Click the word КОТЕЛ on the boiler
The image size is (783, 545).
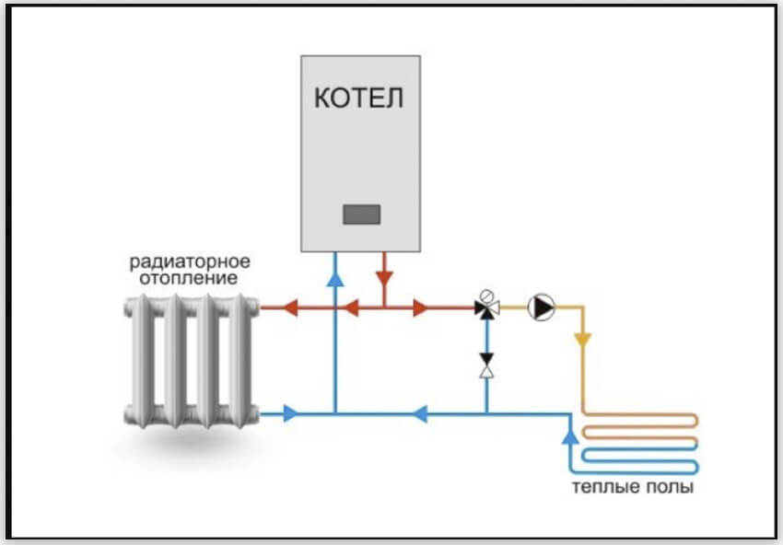coord(359,99)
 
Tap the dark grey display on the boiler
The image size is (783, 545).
coord(361,215)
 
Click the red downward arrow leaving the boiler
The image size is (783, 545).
coord(385,274)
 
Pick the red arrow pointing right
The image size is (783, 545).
coord(421,308)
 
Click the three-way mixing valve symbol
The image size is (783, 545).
coord(485,308)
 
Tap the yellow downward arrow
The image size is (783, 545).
coord(581,338)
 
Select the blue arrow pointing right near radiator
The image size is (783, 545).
coord(291,414)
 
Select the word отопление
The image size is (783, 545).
coord(190,277)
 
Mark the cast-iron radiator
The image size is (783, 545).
coord(191,359)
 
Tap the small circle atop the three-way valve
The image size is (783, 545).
coord(490,296)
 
